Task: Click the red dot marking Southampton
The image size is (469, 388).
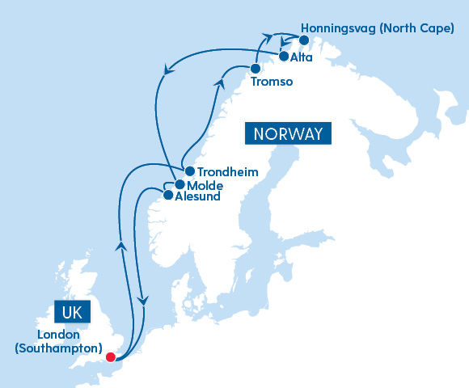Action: click(111, 354)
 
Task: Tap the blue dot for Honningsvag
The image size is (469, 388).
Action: click(303, 40)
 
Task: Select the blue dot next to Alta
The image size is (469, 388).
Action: click(284, 57)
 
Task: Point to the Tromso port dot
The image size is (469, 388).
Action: click(256, 69)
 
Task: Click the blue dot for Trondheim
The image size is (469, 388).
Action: click(189, 171)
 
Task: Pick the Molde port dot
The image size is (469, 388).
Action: click(180, 184)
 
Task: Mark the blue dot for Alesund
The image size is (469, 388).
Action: click(168, 195)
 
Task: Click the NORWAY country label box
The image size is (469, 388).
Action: click(289, 134)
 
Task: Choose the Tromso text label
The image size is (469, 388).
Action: click(271, 82)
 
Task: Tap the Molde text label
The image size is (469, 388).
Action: click(205, 185)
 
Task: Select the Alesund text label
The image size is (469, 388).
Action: click(198, 196)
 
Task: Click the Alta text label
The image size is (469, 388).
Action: click(303, 58)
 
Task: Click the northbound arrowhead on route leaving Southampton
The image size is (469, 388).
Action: click(120, 245)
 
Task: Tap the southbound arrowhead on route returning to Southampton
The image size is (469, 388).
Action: click(143, 300)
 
